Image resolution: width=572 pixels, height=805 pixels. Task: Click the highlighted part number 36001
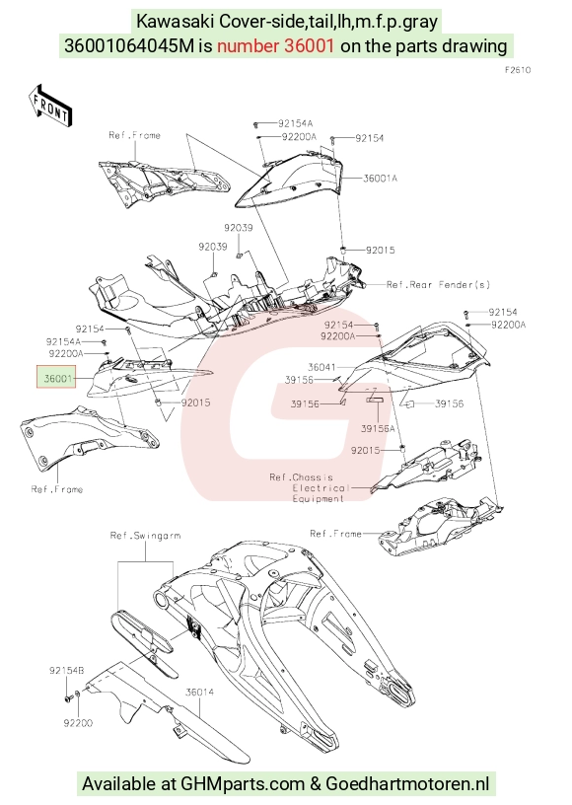point(57,379)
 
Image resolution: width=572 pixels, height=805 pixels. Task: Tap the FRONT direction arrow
point(49,106)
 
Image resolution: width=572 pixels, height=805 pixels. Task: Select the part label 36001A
point(380,179)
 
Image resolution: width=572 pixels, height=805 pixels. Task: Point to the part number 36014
point(199,693)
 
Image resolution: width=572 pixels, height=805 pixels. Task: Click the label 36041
point(322,367)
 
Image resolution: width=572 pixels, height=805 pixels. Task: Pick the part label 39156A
point(378,428)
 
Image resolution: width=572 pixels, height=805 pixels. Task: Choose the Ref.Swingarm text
point(145,536)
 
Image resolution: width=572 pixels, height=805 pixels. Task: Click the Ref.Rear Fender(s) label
point(438,284)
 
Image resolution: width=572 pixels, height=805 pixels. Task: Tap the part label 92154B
point(67,671)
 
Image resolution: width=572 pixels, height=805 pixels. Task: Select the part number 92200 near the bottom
point(78,723)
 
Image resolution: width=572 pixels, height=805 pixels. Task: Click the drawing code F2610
point(518,70)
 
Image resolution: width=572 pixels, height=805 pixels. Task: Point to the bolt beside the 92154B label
point(67,698)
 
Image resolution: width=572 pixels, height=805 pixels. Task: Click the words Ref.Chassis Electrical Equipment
point(310,488)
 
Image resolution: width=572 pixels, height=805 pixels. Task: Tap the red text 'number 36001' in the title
point(275,45)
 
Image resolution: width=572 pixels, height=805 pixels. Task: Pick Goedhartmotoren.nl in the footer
point(407,783)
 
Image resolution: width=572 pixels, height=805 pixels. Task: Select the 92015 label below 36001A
point(380,250)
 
